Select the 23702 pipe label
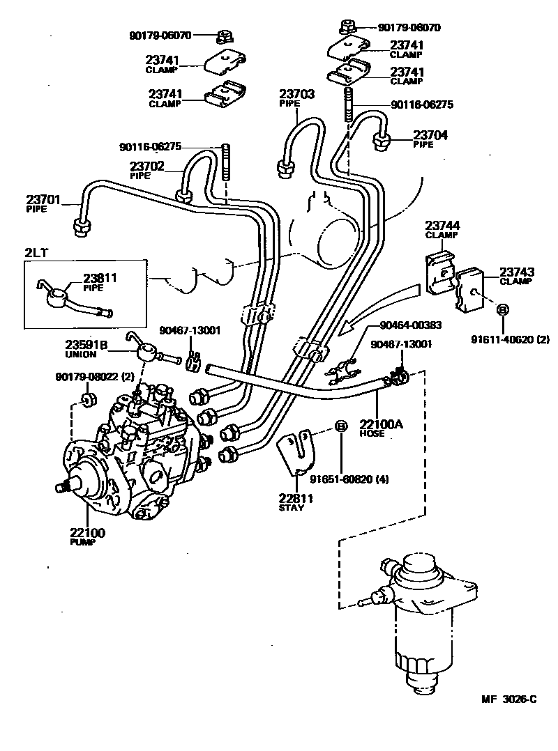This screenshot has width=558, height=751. [x=146, y=167]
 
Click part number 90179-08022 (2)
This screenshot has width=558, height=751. [x=94, y=377]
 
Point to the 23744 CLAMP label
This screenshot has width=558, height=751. [x=442, y=226]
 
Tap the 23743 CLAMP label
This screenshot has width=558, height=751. [x=515, y=272]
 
